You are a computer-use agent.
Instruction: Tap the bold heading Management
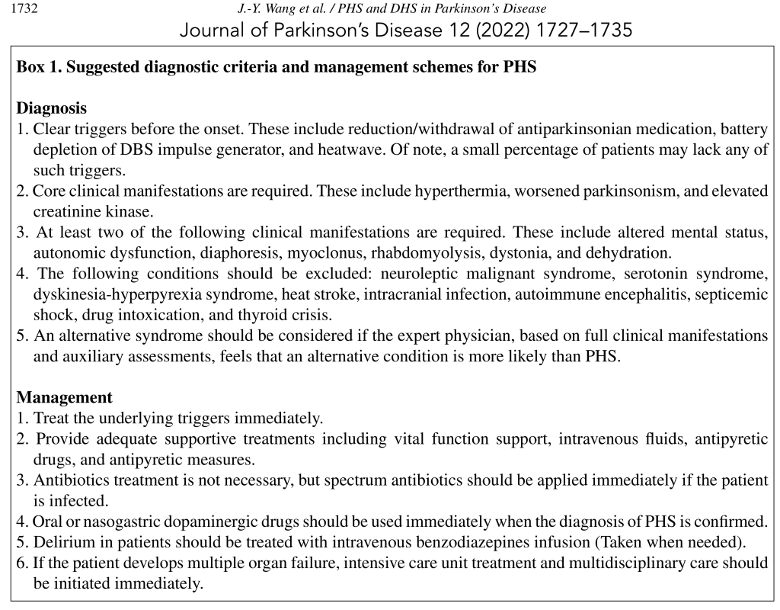65,397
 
